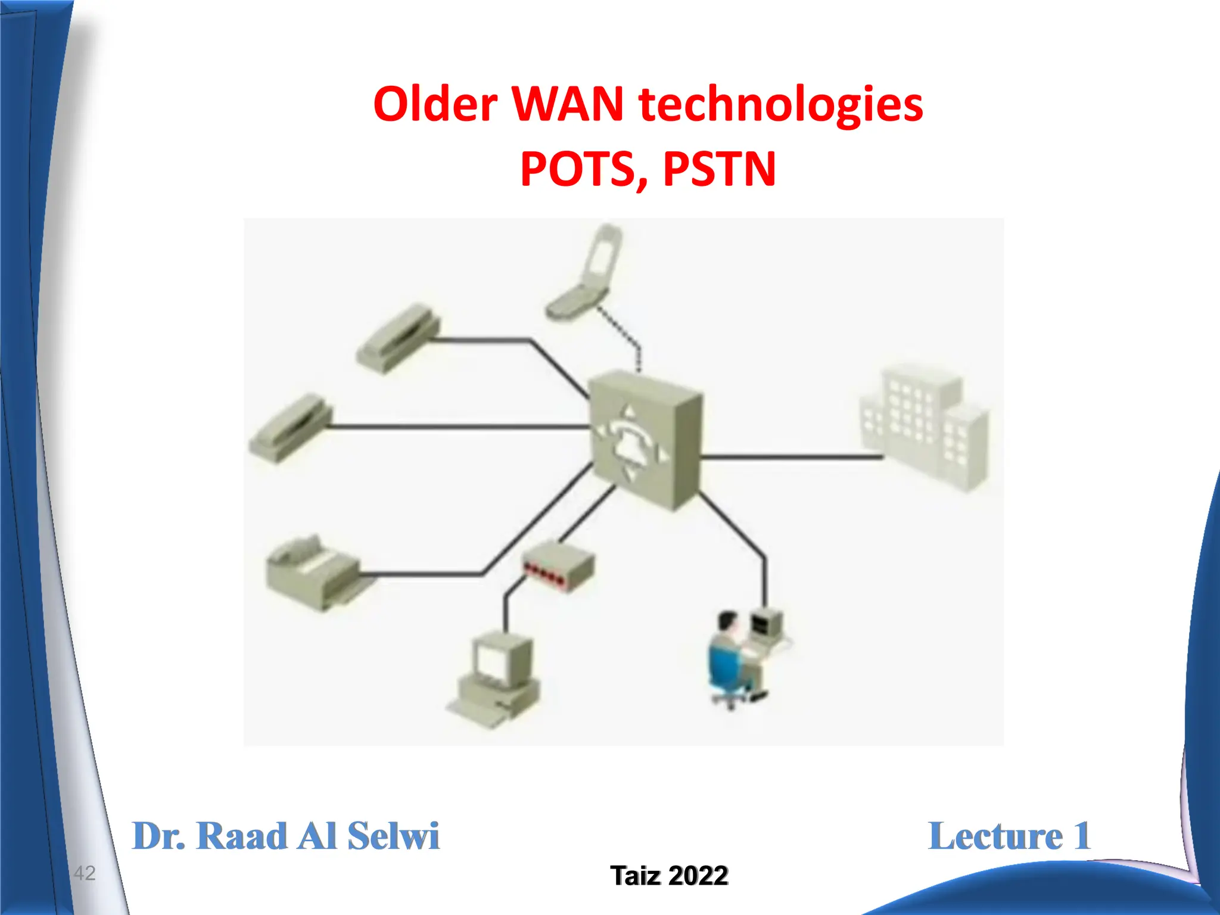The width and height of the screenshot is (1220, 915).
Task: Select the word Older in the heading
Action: (x=435, y=104)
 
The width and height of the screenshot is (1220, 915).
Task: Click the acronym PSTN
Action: (x=719, y=169)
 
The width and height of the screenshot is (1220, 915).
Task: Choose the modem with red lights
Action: (x=558, y=565)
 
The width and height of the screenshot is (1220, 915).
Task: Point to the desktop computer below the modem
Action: (x=495, y=679)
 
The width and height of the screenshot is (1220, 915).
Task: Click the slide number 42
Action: (x=85, y=873)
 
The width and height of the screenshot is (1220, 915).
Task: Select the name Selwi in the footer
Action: (x=393, y=836)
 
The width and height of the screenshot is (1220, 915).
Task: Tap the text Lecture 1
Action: (x=1009, y=836)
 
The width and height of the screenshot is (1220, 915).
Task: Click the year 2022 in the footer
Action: (x=698, y=876)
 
